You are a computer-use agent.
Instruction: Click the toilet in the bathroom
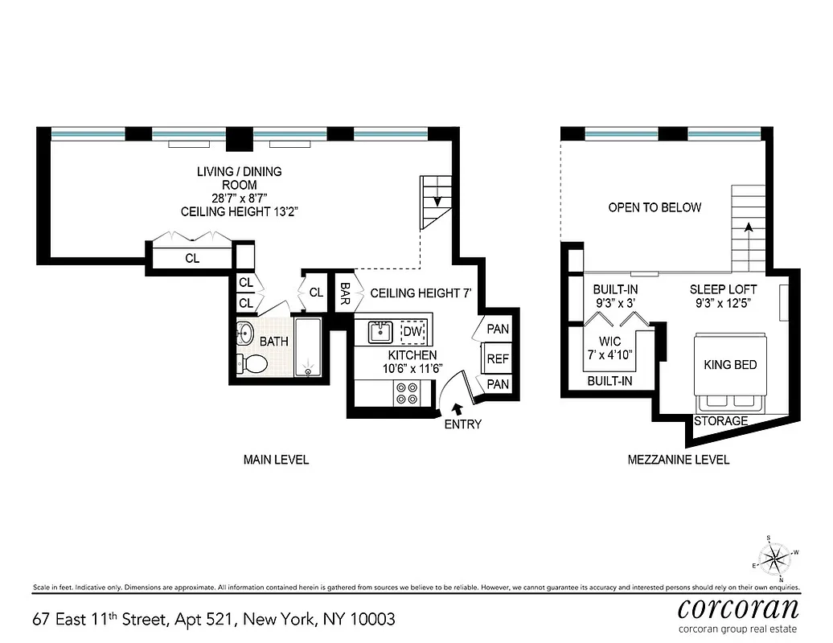(254, 363)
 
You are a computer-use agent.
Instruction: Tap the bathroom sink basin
(245, 334)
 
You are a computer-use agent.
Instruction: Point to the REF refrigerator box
(498, 358)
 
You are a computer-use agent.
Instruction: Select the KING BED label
(729, 365)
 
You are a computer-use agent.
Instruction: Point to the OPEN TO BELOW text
(654, 207)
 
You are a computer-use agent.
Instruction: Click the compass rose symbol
(776, 556)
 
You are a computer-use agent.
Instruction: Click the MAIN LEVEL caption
(276, 460)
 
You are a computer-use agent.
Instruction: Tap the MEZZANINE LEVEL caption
(678, 460)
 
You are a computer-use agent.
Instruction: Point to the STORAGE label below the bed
(720, 421)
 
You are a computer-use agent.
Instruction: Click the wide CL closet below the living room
(192, 259)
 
